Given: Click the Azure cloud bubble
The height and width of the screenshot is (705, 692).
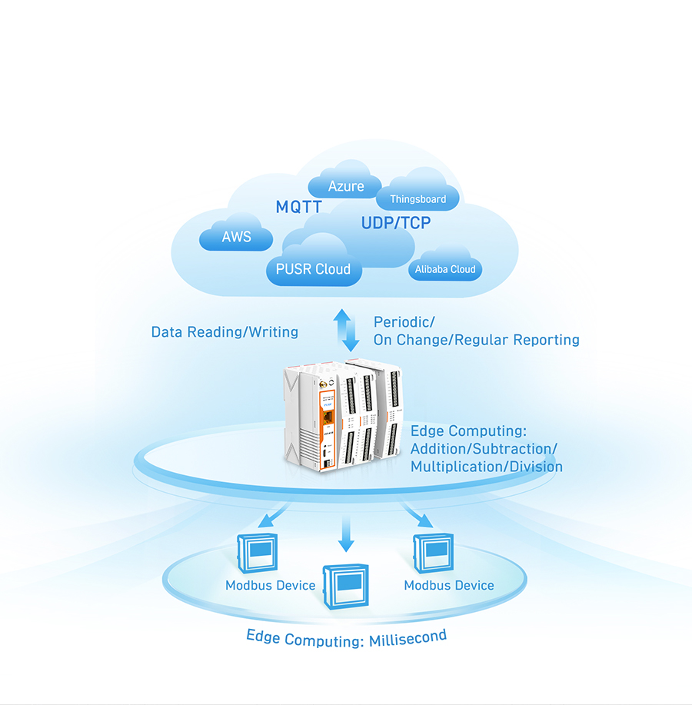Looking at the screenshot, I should (x=346, y=186).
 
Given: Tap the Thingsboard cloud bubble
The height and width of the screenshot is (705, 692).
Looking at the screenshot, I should (x=418, y=199).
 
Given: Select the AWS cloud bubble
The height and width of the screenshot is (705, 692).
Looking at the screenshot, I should (x=236, y=237).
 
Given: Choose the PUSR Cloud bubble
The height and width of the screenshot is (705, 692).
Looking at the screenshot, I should (x=313, y=269).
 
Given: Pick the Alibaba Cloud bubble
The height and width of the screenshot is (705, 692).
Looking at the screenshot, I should (x=445, y=269).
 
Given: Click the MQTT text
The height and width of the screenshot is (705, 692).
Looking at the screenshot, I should (x=299, y=207).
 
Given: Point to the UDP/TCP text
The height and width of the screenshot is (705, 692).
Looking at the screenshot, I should (x=396, y=223).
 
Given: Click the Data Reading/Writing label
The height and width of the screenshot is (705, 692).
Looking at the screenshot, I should (x=225, y=332).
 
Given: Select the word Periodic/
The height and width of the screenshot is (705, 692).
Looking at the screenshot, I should (x=399, y=321).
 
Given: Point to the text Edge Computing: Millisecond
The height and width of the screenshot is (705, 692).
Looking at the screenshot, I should (x=346, y=637).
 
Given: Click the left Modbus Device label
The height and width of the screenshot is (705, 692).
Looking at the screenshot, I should (x=271, y=585).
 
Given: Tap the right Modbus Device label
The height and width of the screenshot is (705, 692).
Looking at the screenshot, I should (x=449, y=585).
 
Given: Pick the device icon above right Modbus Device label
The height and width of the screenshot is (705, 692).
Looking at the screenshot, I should (x=431, y=551).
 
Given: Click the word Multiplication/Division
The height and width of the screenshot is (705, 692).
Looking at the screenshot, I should (x=487, y=467).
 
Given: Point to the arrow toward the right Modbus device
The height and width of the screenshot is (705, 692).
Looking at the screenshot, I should (x=418, y=516).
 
